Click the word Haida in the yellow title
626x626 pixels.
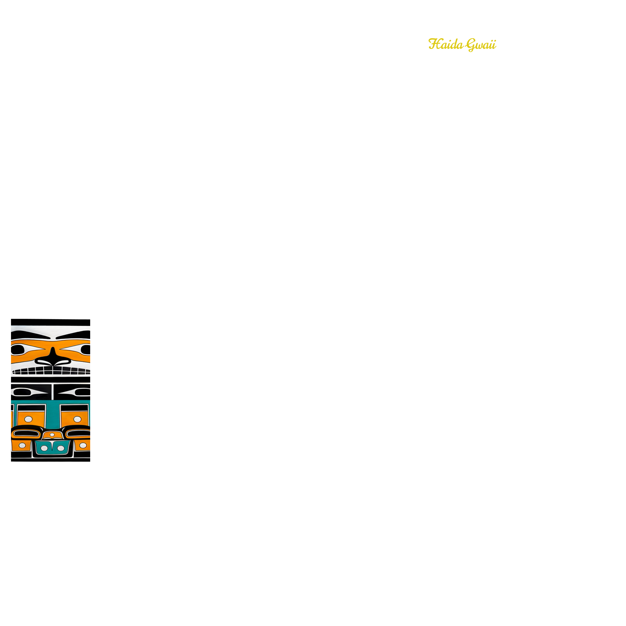click(446, 44)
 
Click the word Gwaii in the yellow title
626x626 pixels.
click(481, 45)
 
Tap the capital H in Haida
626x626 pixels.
click(434, 44)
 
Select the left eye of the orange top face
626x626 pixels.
click(18, 350)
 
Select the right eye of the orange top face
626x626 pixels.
click(86, 350)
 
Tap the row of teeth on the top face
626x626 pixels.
click(51, 371)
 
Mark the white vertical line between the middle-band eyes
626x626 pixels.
click(52, 392)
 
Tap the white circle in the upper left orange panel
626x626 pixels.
click(28, 419)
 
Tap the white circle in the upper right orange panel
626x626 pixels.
click(77, 419)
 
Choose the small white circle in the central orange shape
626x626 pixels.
click(52, 435)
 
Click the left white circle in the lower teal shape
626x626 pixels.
click(44, 448)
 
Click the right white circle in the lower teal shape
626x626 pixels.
click(61, 448)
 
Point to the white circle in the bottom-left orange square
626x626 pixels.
click(22, 446)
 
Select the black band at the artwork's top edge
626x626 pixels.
click(50, 322)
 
